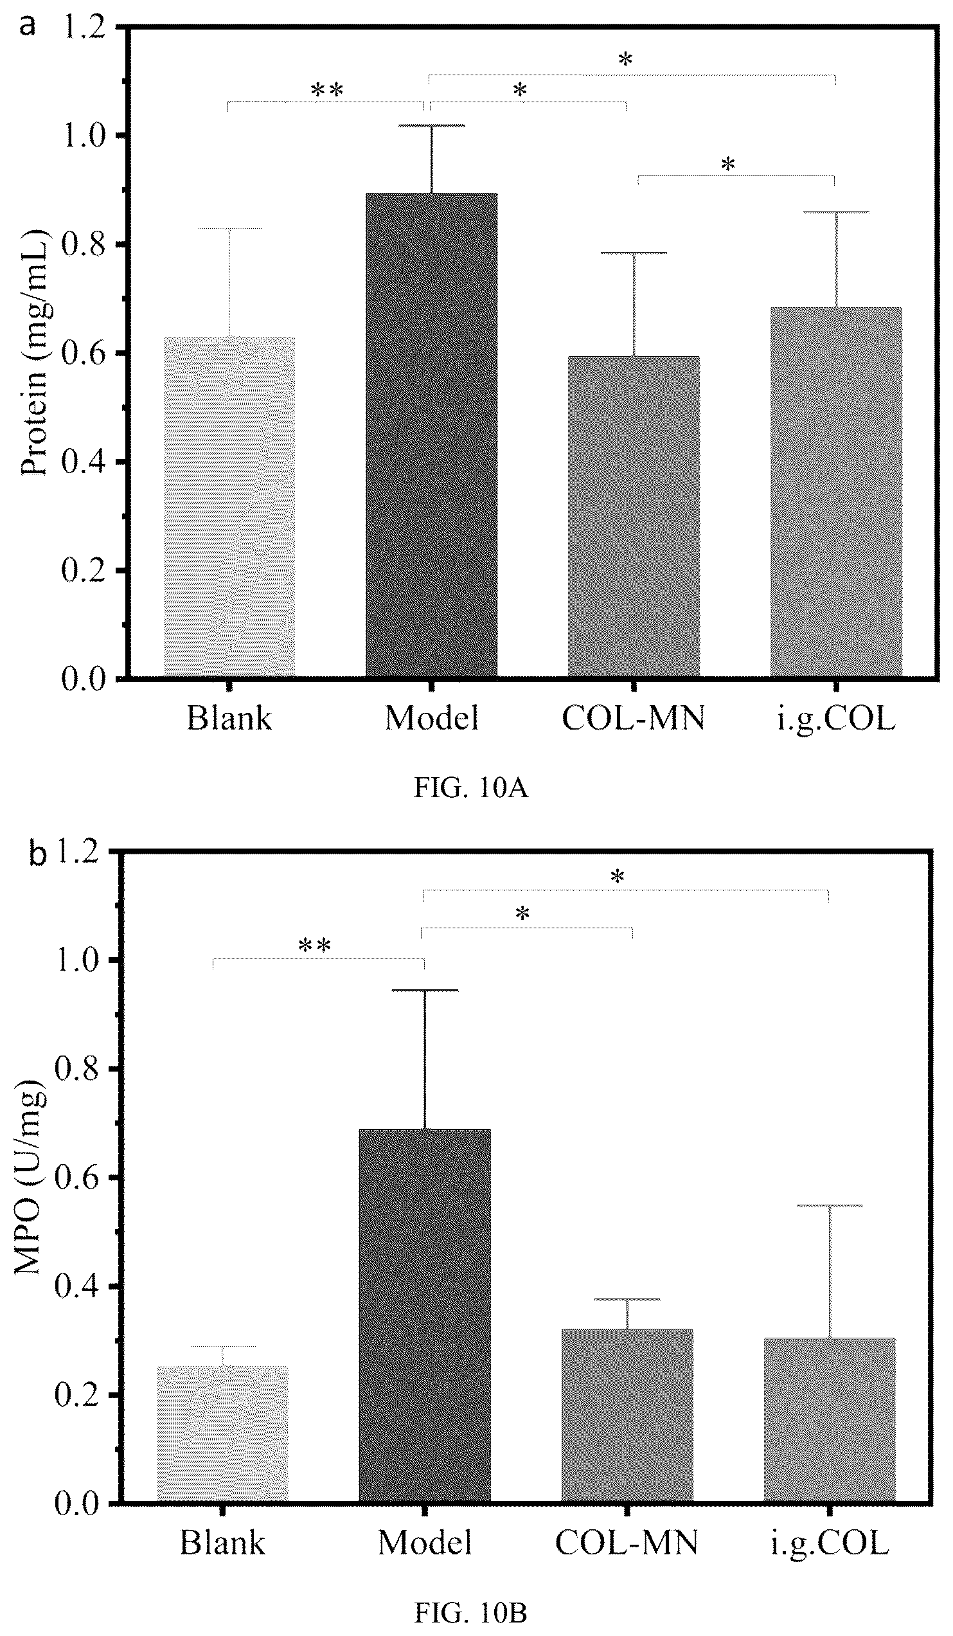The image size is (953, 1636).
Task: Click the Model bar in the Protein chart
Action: point(432,435)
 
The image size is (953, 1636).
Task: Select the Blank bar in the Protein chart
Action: point(229,507)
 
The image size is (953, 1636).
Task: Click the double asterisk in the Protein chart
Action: point(326,89)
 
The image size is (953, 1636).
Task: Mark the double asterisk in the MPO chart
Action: point(314,946)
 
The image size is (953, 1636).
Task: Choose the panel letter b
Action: point(39,855)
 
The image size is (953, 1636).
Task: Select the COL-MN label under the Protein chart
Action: point(633,719)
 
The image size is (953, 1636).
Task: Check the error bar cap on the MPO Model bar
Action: point(425,991)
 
